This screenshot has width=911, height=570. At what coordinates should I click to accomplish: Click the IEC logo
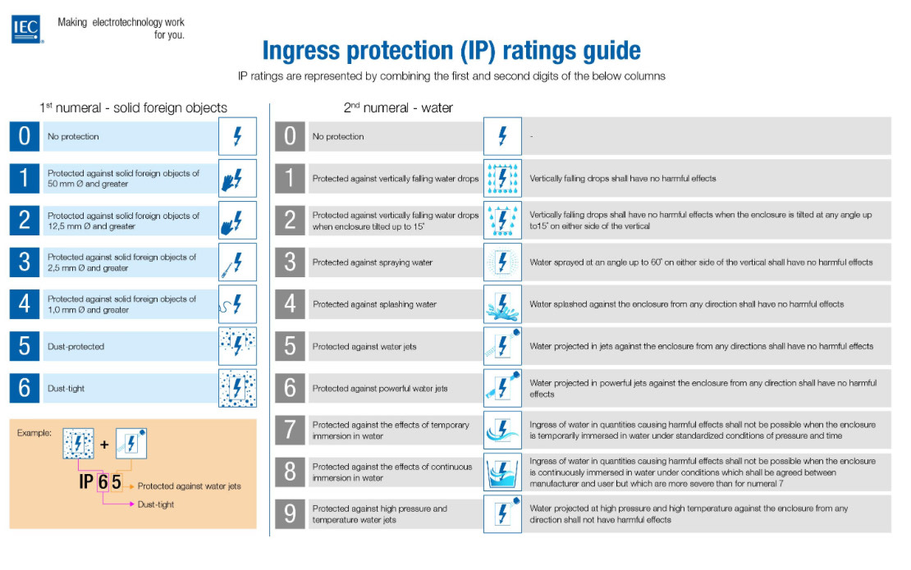point(25,30)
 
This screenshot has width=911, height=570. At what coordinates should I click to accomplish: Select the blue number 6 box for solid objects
point(24,388)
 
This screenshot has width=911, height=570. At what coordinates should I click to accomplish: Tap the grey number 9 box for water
point(289,514)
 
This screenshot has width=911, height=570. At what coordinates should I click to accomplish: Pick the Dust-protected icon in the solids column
point(237,346)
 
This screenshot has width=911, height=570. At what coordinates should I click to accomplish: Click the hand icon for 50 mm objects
point(237,178)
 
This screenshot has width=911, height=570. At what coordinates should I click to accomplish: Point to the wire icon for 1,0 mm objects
point(237,304)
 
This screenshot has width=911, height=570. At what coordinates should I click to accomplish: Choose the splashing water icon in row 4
point(502,304)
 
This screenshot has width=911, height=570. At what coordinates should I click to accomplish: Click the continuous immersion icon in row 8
point(502,472)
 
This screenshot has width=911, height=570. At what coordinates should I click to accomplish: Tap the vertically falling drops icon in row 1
point(502,178)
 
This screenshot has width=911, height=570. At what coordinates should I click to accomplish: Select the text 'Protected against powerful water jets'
point(380,389)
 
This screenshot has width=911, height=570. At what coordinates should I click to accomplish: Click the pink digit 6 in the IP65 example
point(103,482)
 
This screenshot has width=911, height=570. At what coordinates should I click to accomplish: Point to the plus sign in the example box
point(104,445)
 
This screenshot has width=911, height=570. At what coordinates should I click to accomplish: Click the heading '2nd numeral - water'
point(398,107)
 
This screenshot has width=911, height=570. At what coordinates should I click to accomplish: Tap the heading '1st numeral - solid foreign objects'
point(133,107)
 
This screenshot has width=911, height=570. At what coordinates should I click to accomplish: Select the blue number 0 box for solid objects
point(24,136)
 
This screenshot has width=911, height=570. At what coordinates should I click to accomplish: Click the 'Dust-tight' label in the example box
point(156,504)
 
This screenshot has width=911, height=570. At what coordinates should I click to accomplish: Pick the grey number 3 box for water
point(289,262)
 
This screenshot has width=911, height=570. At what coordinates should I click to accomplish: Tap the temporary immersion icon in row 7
point(502,431)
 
